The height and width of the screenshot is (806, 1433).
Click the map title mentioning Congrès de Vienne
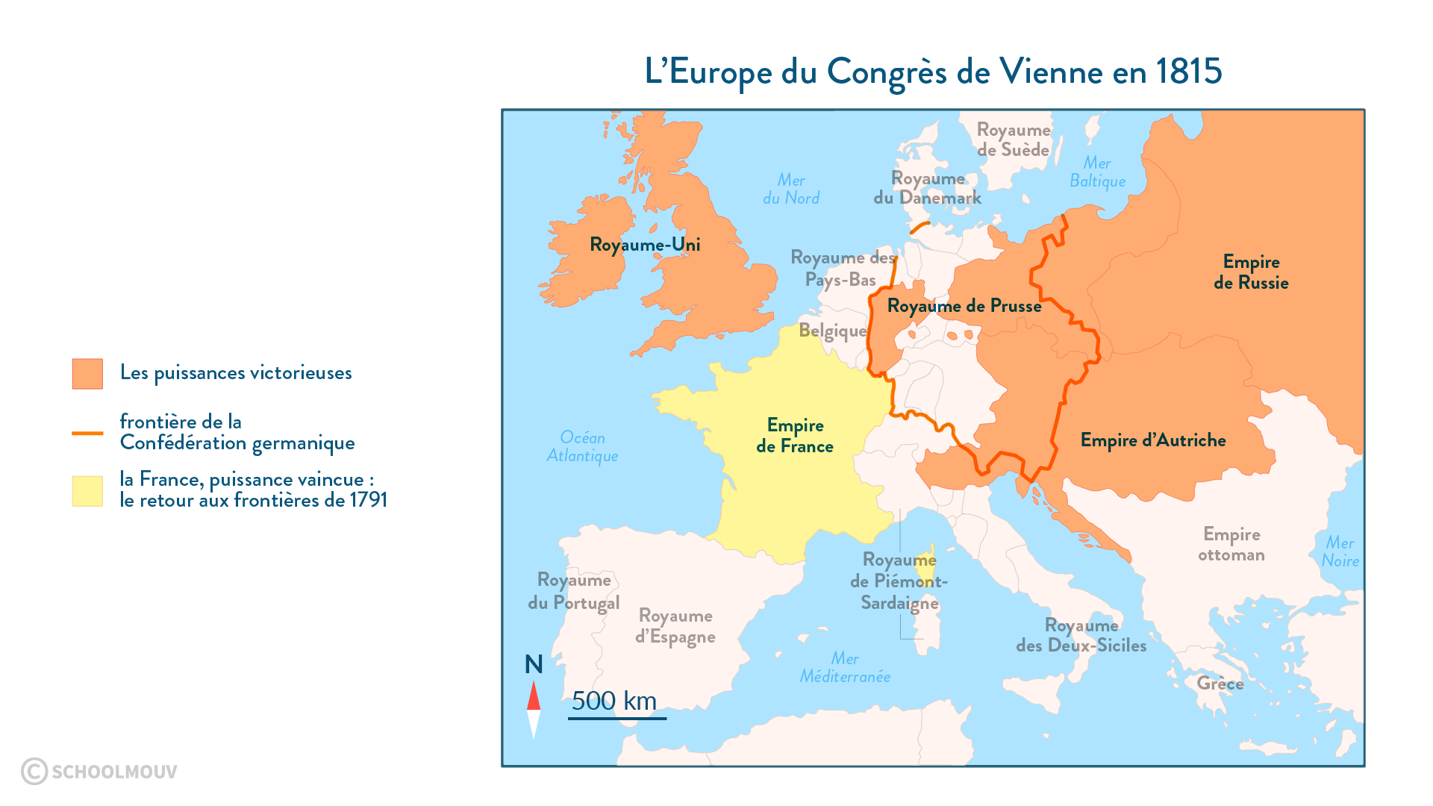coord(933,72)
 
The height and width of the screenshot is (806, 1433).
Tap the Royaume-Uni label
coord(645,245)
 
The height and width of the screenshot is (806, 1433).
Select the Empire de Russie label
coord(1251,272)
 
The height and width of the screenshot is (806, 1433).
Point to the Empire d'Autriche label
coord(1153,440)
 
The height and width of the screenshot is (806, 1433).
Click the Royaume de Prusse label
coord(964,306)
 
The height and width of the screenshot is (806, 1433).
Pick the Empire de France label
coord(795,436)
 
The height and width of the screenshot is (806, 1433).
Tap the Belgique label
coord(832,331)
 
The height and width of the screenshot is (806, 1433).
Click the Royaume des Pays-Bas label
coord(842,269)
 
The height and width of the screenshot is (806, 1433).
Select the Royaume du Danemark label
coord(928,188)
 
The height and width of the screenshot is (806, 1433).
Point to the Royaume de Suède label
coord(1014,140)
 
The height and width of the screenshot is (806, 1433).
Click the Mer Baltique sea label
coord(1097,172)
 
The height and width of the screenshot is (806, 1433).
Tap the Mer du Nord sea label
coord(791,189)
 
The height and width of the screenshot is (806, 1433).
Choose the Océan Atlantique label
coord(582,446)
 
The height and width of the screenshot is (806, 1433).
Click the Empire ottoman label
coord(1231,544)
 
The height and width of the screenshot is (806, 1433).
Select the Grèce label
coord(1220,684)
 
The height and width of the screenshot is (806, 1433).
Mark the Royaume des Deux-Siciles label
coord(1081,635)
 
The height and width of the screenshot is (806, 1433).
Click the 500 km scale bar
coord(616,717)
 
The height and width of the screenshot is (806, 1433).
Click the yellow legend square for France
coord(87,491)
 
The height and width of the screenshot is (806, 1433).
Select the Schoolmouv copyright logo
coord(99,771)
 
